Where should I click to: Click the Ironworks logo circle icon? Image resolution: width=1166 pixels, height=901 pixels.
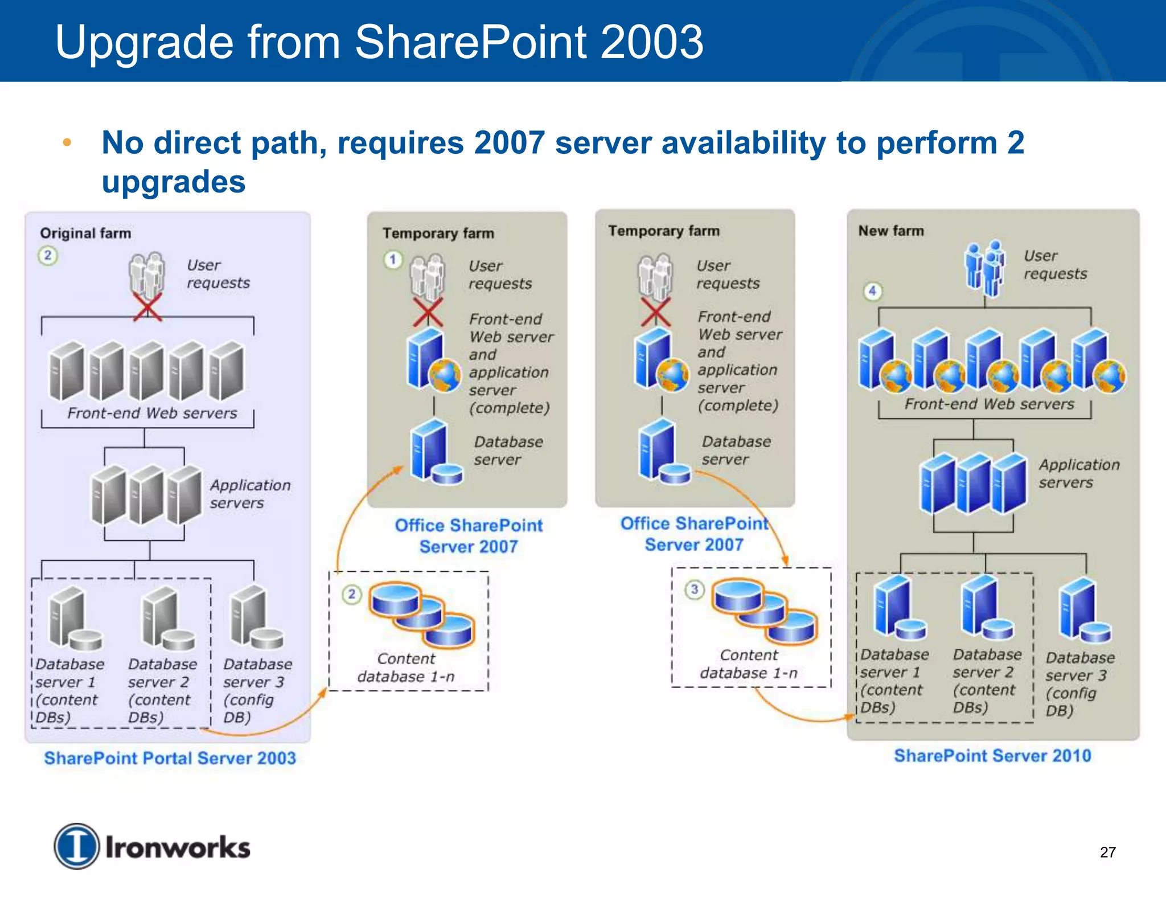tap(76, 846)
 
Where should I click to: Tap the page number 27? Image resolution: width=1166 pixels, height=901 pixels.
tap(1107, 852)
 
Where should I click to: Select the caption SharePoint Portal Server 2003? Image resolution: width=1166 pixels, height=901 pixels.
tap(170, 758)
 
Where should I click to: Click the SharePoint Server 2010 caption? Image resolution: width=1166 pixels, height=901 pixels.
tap(992, 756)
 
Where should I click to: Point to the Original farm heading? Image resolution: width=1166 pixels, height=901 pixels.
tap(85, 233)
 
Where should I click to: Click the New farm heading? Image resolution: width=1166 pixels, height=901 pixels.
tap(891, 231)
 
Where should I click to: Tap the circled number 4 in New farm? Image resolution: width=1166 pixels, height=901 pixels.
tap(872, 291)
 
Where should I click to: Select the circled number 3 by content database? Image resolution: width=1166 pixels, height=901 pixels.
tap(694, 589)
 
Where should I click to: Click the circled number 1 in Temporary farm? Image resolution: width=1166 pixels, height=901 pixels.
tap(392, 260)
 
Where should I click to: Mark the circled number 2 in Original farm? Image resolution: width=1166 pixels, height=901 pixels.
tap(48, 255)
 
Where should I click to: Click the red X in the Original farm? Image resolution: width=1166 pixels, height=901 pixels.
tap(147, 307)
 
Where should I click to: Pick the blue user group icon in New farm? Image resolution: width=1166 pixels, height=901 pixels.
tap(984, 267)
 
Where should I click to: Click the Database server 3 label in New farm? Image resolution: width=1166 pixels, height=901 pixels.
tap(1079, 683)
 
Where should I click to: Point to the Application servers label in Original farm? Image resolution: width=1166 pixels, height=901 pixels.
tap(250, 494)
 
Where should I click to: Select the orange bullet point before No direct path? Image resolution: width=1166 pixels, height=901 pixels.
tap(67, 142)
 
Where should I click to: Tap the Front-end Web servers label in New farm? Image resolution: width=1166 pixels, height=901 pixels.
tap(989, 404)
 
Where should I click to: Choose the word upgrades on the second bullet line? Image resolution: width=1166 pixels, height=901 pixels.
tap(174, 182)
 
